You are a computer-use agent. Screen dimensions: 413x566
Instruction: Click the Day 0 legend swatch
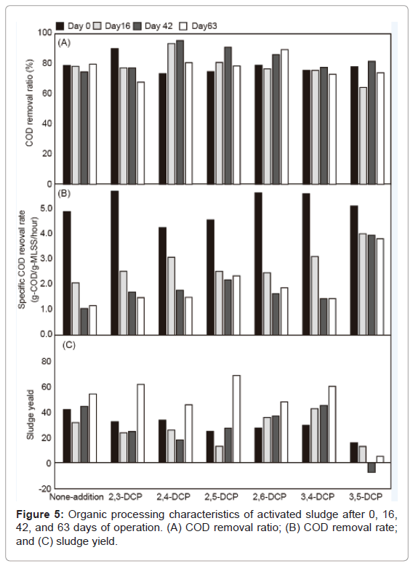click(60, 26)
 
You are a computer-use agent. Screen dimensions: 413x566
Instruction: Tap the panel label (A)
click(64, 43)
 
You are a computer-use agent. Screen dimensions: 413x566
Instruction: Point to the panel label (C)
click(68, 345)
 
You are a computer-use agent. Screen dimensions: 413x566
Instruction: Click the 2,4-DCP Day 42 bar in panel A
click(180, 113)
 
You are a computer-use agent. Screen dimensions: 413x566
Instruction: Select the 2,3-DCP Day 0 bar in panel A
click(115, 116)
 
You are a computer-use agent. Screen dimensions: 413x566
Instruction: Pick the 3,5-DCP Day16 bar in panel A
click(363, 136)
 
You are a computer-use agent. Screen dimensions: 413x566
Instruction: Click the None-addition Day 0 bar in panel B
click(67, 273)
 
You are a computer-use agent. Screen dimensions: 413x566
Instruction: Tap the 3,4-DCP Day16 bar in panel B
click(315, 296)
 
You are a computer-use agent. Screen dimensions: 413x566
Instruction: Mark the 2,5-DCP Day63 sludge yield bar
click(236, 419)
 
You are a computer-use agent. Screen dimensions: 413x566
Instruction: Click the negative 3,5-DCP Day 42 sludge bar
click(372, 467)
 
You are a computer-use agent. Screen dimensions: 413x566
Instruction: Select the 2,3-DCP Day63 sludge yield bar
click(140, 424)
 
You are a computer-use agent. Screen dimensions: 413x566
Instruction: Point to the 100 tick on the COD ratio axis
click(45, 33)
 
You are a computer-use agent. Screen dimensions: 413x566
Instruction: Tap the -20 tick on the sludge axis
click(45, 488)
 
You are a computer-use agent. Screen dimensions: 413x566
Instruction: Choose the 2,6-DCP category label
click(270, 497)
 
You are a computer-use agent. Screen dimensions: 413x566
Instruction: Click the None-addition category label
click(76, 497)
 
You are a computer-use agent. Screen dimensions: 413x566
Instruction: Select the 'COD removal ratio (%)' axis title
click(29, 103)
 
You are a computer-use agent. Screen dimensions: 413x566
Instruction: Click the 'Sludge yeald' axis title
click(31, 415)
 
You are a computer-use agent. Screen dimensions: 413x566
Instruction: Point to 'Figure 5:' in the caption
click(40, 514)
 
